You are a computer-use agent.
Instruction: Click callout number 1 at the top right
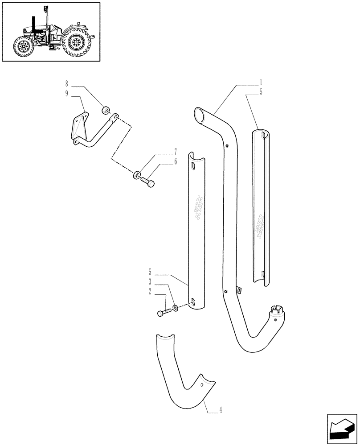[261, 83]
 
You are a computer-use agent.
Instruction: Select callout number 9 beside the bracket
[67, 94]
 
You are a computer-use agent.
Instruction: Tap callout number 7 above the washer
[176, 152]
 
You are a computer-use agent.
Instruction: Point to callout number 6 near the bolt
[176, 162]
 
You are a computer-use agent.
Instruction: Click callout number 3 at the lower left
[150, 282]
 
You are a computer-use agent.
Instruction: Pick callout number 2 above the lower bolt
[150, 293]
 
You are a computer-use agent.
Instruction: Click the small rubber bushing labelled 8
[106, 111]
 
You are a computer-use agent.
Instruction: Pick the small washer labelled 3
[176, 307]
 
